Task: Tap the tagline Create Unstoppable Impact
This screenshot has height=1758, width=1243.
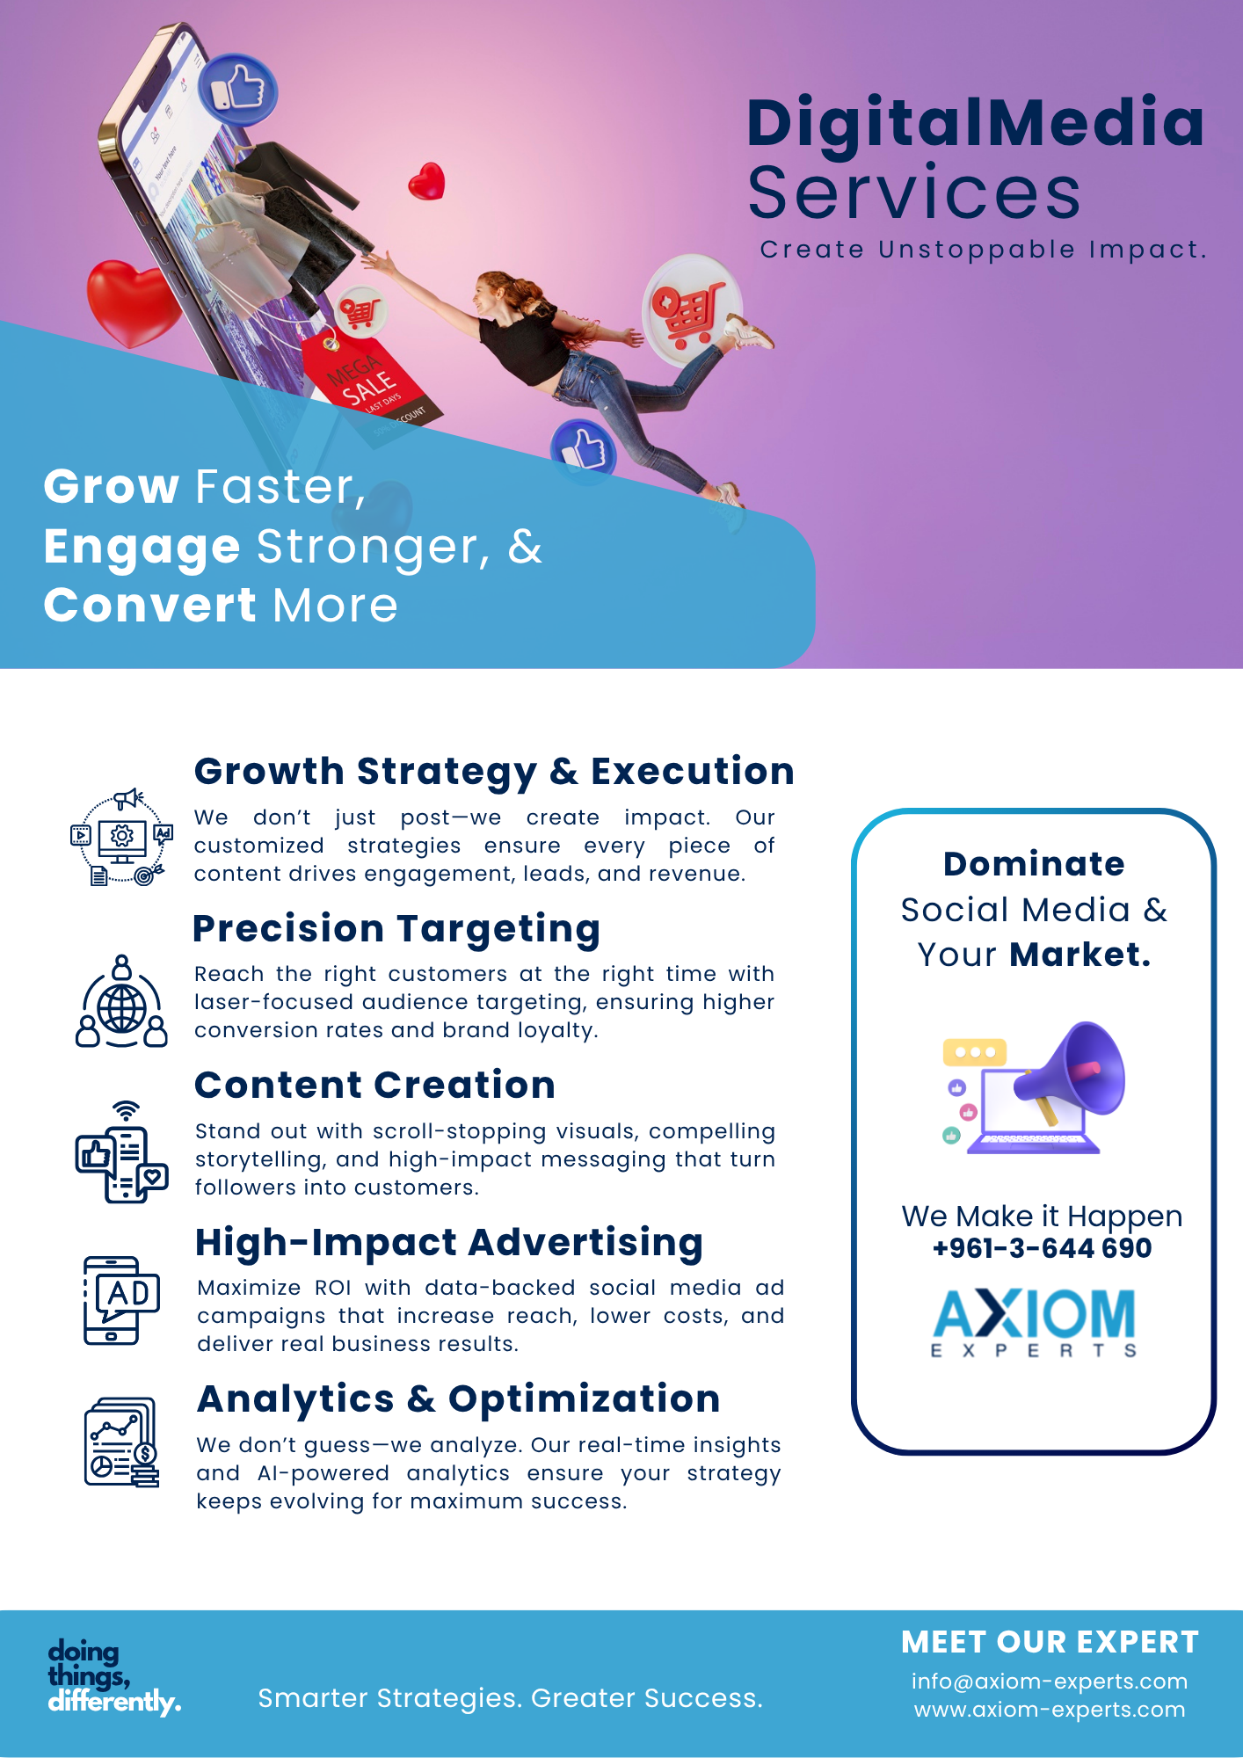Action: click(984, 250)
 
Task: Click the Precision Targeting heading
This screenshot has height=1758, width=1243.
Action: click(396, 930)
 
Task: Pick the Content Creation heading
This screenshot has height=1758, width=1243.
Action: click(374, 1085)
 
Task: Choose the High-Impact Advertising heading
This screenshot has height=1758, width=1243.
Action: click(449, 1243)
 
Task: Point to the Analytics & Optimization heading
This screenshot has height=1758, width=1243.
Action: click(459, 1399)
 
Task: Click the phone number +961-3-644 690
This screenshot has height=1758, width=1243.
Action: click(1042, 1248)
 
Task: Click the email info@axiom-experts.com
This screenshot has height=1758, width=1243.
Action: click(1050, 1682)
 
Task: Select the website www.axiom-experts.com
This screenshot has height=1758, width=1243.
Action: click(1050, 1710)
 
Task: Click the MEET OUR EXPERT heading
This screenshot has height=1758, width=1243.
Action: click(1050, 1642)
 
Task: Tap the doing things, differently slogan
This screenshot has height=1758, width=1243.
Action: click(114, 1676)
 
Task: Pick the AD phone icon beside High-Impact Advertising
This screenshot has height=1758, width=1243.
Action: click(121, 1301)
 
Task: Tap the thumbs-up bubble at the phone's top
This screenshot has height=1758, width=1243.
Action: click(237, 90)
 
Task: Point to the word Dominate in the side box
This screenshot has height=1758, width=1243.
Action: click(1034, 864)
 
